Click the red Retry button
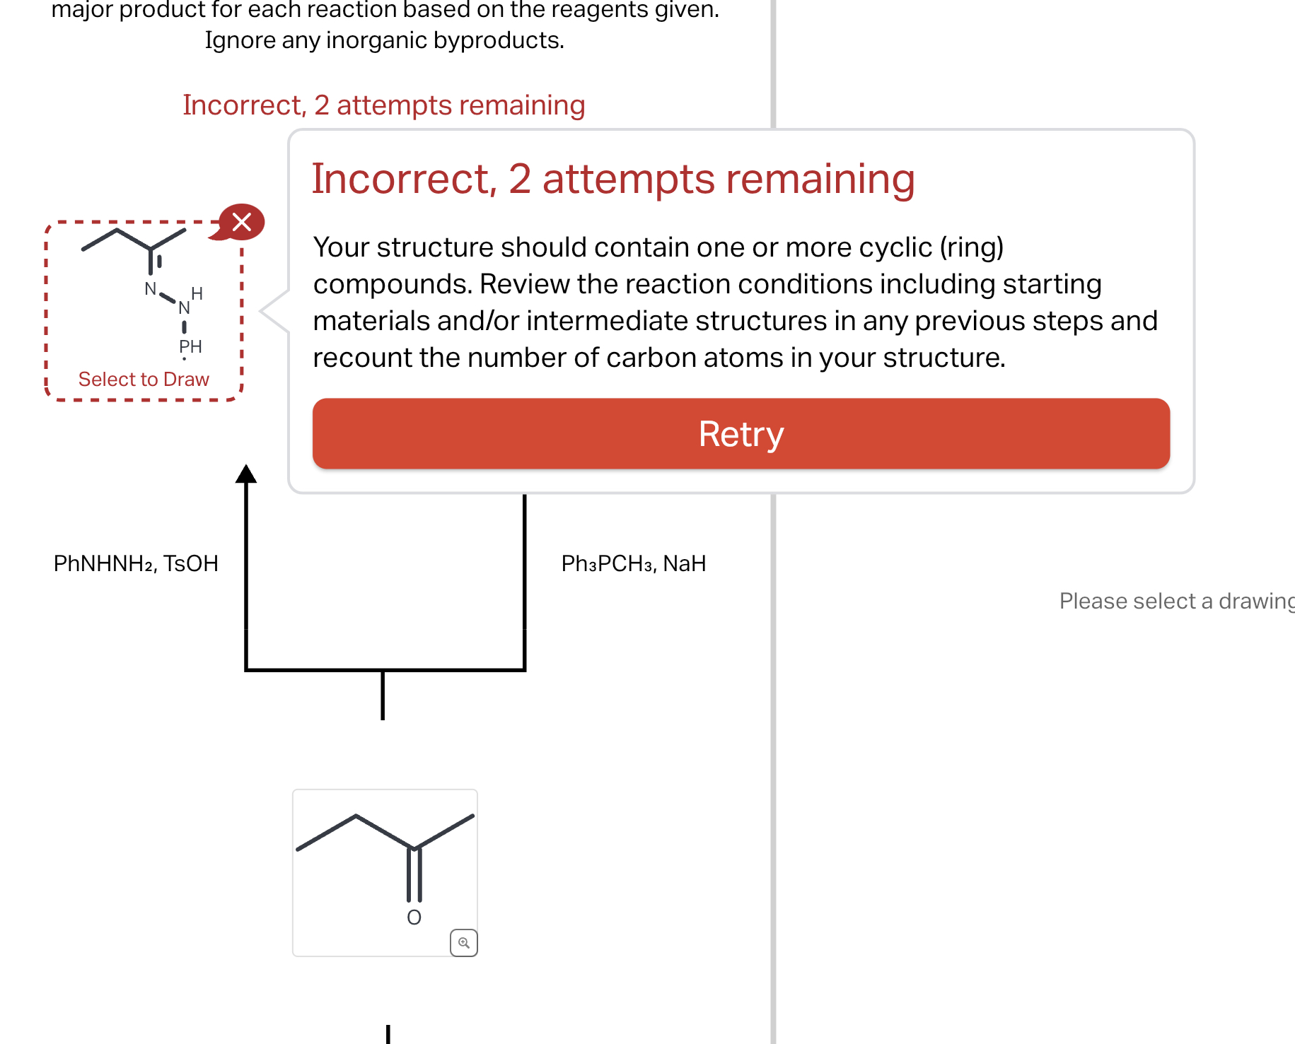[741, 433]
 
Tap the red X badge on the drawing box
[242, 222]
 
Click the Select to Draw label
[144, 380]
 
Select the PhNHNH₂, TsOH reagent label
[136, 563]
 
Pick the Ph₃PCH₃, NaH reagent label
[633, 563]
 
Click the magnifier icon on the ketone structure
[463, 943]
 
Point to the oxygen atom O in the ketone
[414, 917]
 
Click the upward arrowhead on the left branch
[245, 474]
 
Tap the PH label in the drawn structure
[190, 346]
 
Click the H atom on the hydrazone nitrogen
[197, 293]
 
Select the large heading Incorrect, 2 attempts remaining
[612, 179]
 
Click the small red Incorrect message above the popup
[383, 105]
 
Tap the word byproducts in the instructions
[498, 40]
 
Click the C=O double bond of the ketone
[414, 875]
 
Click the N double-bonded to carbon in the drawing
[150, 288]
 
